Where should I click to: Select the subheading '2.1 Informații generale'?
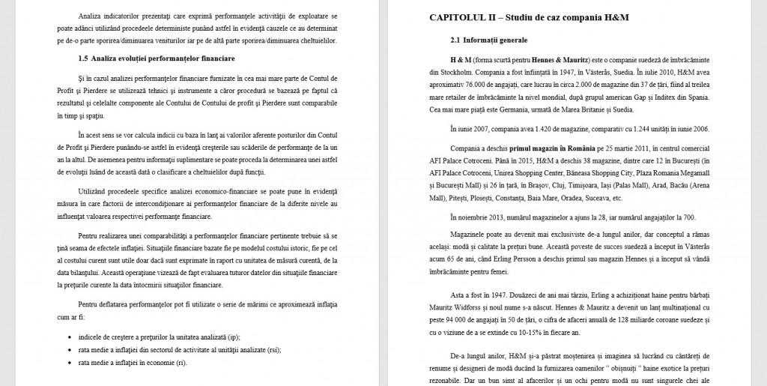(x=489, y=39)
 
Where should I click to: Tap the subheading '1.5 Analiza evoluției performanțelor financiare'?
(x=157, y=58)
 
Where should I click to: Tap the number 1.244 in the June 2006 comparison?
(x=649, y=129)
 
